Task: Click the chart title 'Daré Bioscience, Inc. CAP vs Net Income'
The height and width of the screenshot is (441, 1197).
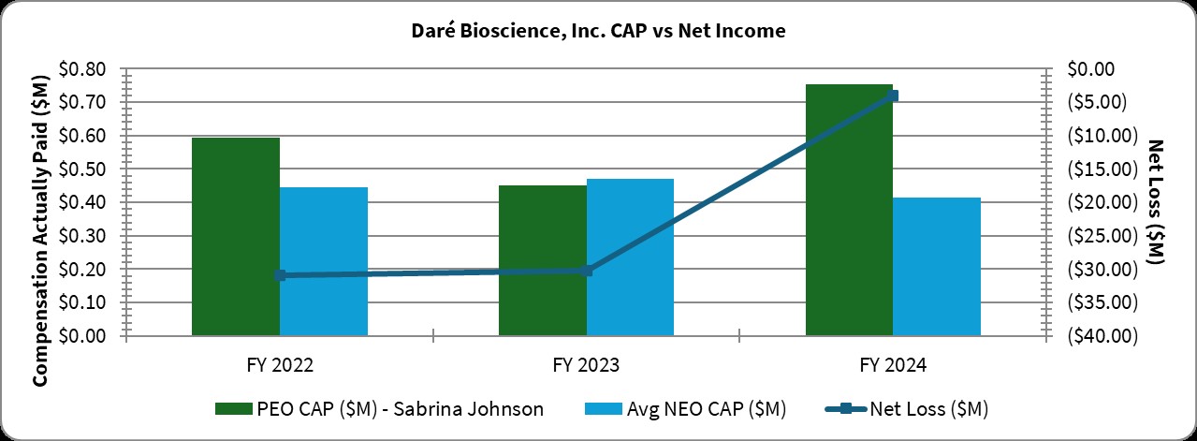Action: click(x=598, y=31)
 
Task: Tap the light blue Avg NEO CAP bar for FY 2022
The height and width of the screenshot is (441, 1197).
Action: click(x=324, y=261)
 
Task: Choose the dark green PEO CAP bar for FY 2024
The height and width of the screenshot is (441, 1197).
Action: click(x=849, y=210)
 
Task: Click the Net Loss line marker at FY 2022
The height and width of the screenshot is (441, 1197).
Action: click(x=280, y=275)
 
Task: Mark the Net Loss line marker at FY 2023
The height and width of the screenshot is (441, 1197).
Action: click(x=587, y=271)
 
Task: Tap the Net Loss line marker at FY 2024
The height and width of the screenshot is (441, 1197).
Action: click(x=893, y=96)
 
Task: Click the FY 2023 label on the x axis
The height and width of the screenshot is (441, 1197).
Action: click(x=586, y=363)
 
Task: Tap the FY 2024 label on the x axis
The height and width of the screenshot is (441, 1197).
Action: click(x=893, y=363)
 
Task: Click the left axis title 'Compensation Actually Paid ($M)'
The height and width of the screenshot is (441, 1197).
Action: click(x=40, y=202)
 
